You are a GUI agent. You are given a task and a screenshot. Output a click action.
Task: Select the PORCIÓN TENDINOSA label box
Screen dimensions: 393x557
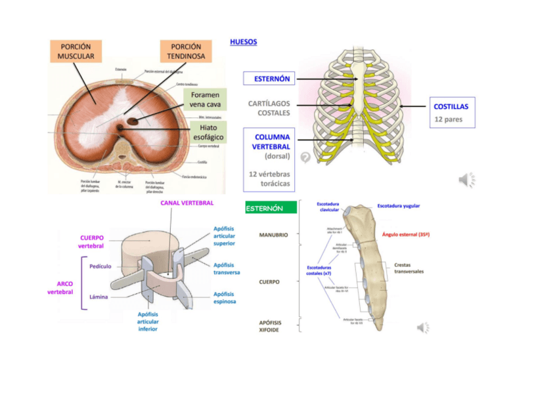186,52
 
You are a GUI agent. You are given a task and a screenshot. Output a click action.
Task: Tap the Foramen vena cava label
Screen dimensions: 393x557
205,100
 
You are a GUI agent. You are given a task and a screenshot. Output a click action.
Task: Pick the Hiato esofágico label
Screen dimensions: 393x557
208,133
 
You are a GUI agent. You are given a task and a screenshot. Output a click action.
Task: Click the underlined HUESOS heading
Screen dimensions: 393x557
244,42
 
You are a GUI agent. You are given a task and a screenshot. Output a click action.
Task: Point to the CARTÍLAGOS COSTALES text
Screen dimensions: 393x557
269,108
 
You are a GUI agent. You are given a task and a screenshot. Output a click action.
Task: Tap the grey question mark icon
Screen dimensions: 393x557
305,157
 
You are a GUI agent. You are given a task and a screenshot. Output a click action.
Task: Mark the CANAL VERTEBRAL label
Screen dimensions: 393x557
187,203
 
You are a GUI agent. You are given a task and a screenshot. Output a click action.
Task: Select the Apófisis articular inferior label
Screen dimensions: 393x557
148,321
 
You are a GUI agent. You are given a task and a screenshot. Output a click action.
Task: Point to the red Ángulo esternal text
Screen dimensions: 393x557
405,234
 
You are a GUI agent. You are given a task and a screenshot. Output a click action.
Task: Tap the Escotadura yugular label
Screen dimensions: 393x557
399,206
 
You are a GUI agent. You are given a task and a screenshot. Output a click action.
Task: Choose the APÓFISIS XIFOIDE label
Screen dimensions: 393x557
270,326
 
